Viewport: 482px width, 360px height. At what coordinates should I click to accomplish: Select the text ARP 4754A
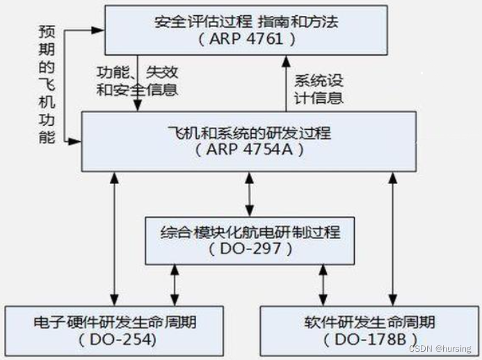[x=249, y=150]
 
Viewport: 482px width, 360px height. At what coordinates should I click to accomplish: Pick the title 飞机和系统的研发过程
[x=249, y=133]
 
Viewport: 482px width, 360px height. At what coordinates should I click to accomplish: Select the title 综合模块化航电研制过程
[x=249, y=231]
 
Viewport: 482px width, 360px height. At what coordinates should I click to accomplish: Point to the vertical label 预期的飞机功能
[x=47, y=85]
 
